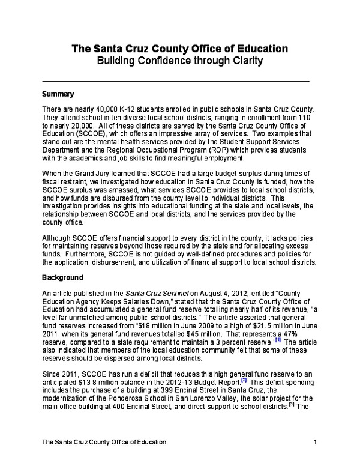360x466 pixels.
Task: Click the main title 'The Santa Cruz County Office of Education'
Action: point(179,49)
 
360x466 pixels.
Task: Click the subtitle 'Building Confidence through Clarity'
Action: point(179,61)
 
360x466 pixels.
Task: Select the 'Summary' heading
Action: point(58,94)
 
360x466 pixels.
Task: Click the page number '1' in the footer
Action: point(314,443)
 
